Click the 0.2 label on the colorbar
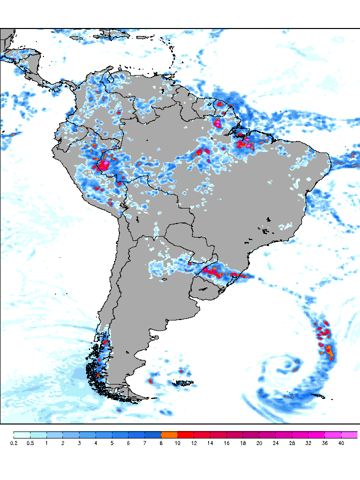point(14,443)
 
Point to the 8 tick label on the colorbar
point(161,443)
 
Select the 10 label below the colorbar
point(177,443)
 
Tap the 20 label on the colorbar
point(259,443)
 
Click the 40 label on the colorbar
point(340,443)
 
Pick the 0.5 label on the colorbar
point(30,443)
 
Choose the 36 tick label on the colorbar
point(324,443)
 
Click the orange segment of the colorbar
point(169,434)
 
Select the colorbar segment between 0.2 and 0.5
point(22,434)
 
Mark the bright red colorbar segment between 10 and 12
point(185,434)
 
